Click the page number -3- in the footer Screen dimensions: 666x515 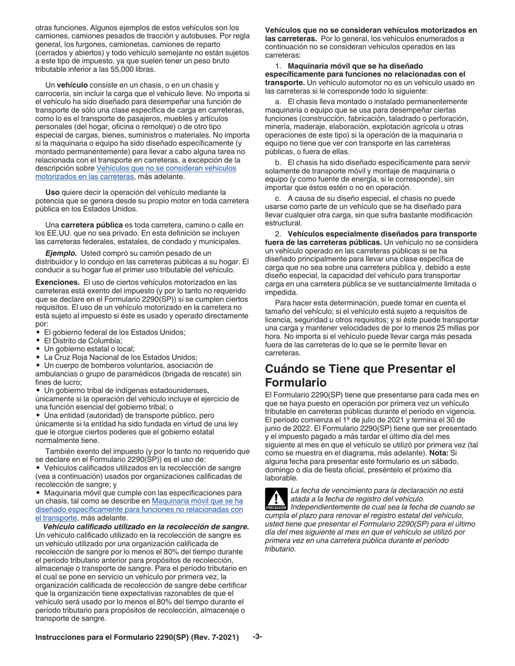point(257,637)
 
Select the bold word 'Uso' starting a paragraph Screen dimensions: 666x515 point(52,192)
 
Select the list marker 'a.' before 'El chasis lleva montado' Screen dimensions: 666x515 point(279,102)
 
